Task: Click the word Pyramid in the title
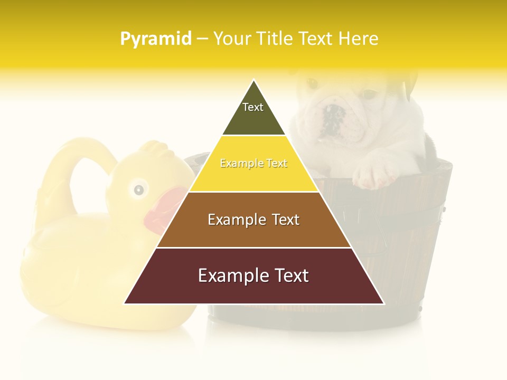tap(155, 39)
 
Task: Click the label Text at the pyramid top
tap(253, 107)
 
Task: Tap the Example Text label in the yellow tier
tap(253, 163)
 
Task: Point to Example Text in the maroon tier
tap(253, 275)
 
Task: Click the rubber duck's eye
tap(138, 189)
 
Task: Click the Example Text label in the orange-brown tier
tap(253, 220)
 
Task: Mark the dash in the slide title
tap(202, 39)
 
